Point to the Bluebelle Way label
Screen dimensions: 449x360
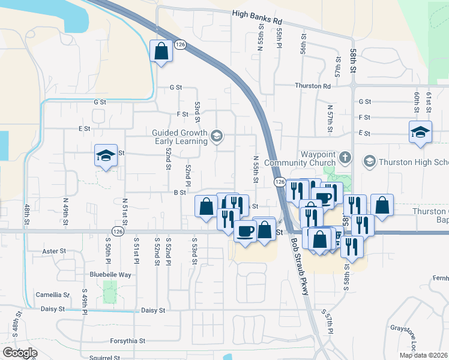110,274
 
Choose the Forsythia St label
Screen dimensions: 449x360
128,341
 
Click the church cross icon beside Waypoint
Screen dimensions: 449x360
345,158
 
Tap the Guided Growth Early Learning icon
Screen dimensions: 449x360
217,137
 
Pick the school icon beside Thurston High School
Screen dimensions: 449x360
369,161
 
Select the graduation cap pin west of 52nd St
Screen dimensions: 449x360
105,156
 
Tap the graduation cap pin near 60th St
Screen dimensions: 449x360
420,131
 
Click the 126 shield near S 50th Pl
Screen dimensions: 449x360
118,231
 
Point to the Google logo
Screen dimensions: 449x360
19,353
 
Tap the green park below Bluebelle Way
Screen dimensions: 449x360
109,291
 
